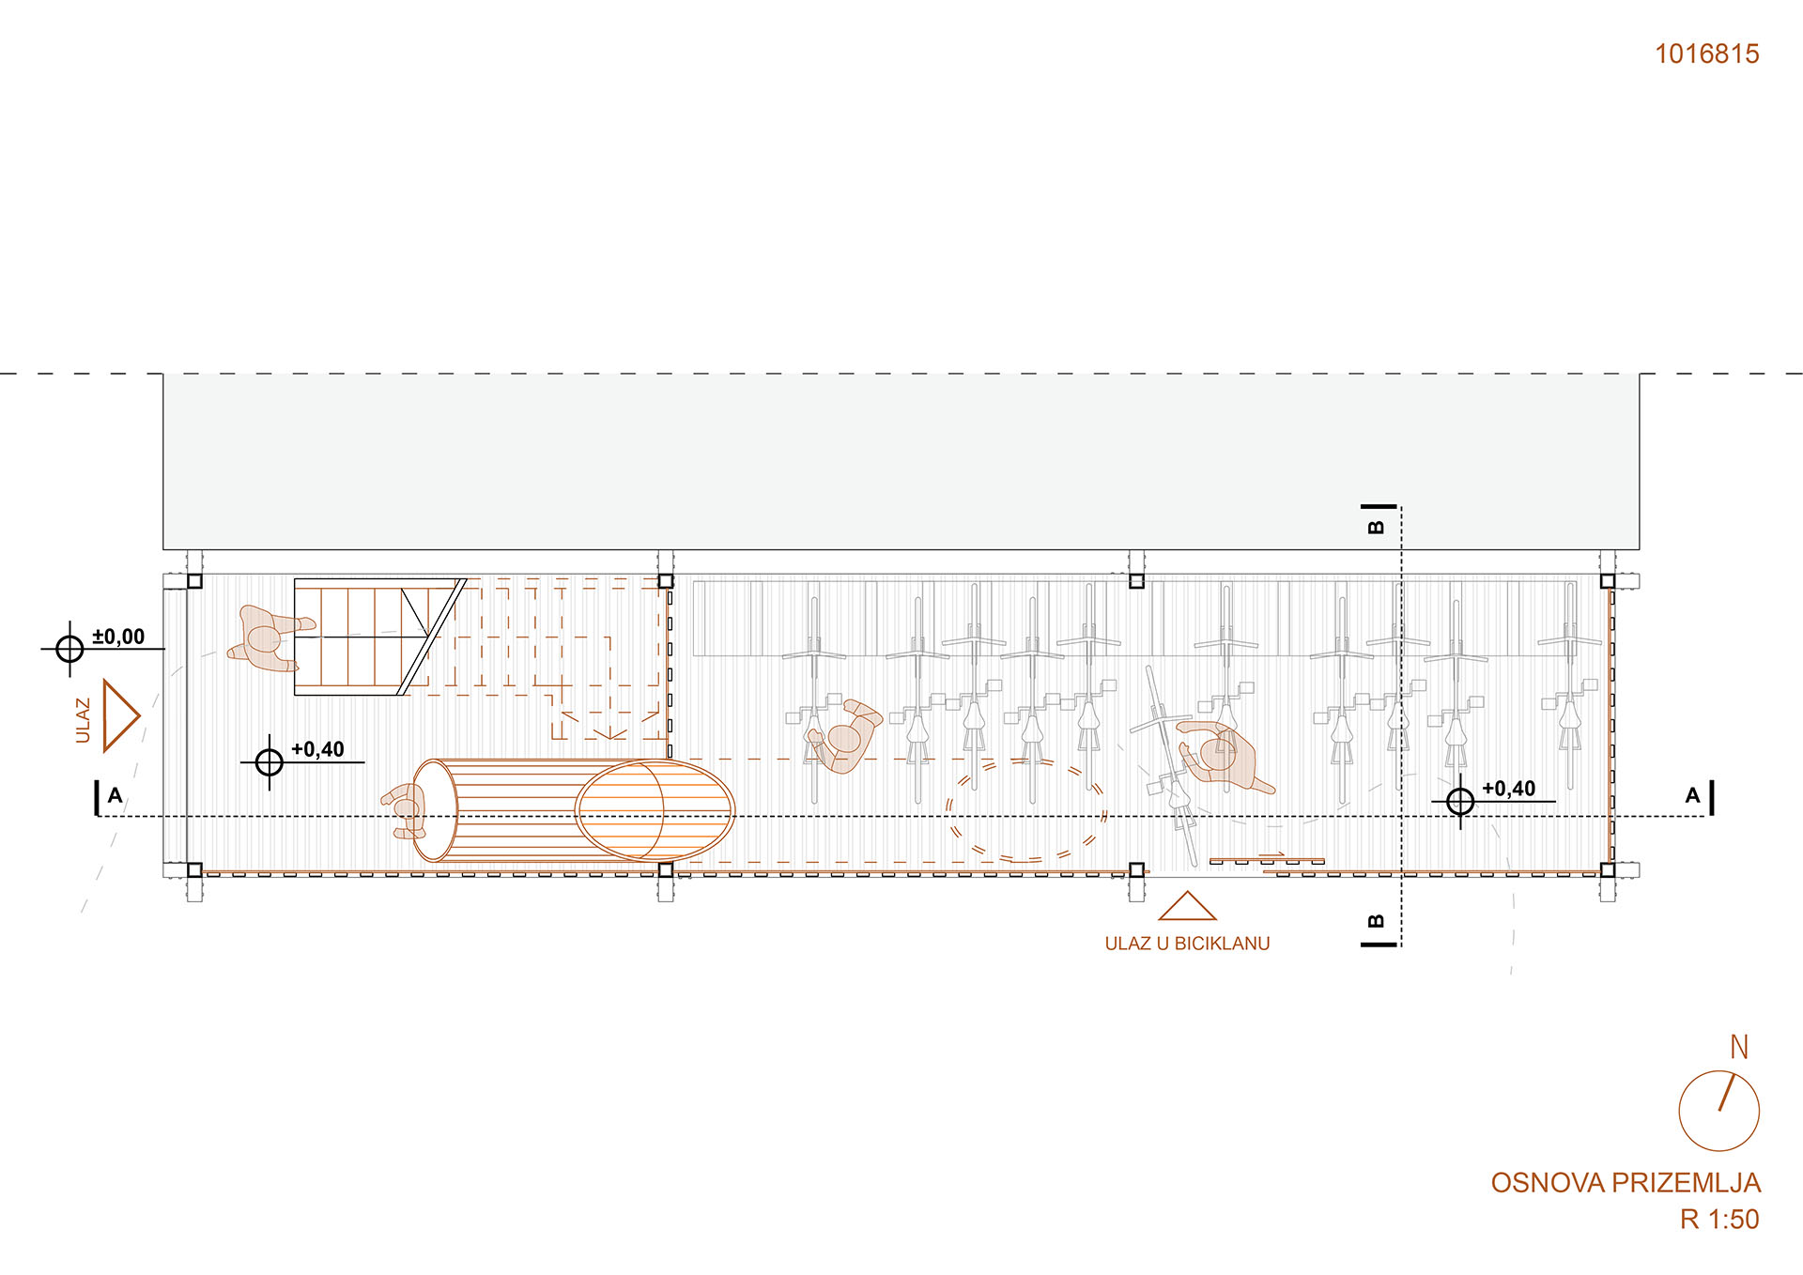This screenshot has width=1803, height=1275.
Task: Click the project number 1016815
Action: [x=1706, y=54]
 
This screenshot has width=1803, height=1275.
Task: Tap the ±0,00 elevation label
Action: [x=118, y=637]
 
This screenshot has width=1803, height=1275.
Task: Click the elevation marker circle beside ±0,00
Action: [x=69, y=648]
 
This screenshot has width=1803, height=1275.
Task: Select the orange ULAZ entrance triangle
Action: [x=120, y=716]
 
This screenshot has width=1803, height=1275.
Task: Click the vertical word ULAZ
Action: [x=83, y=720]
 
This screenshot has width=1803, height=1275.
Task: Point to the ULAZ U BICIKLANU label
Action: [x=1187, y=944]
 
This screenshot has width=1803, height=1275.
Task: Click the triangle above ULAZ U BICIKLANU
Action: [x=1187, y=906]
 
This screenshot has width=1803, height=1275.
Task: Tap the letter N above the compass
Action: [x=1739, y=1047]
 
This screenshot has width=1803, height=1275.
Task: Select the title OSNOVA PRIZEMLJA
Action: [x=1626, y=1183]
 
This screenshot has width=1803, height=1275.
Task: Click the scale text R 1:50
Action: [x=1719, y=1220]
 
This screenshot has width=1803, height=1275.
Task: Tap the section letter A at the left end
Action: [x=115, y=796]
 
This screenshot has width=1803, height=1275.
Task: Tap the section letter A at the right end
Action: [x=1692, y=796]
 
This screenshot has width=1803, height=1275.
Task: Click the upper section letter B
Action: [x=1376, y=527]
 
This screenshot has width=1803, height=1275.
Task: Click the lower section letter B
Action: [x=1376, y=921]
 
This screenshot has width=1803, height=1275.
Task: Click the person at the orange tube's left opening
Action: [x=407, y=809]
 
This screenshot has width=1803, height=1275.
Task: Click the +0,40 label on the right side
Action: [x=1508, y=789]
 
